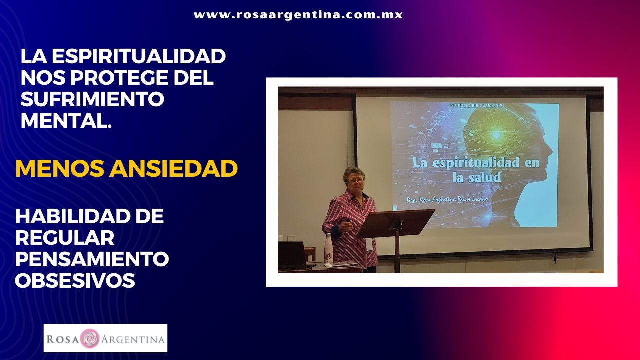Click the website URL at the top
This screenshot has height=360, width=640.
coord(298,15)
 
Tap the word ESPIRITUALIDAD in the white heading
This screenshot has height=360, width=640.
coord(139,56)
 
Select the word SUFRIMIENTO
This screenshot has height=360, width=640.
coord(92,99)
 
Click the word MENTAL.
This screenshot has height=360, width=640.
coord(66,120)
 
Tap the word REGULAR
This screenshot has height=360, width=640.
coord(65,237)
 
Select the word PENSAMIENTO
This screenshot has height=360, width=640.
coord(92,259)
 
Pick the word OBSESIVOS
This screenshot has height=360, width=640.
coord(75,280)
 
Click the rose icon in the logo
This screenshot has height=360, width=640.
coord(89,339)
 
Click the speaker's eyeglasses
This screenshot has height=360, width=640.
coord(355,181)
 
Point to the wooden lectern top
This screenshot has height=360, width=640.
coord(395,223)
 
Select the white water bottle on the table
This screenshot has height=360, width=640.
coord(328,248)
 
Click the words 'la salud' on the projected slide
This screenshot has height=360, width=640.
coord(477,177)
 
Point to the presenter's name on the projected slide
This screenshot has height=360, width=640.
coord(447,199)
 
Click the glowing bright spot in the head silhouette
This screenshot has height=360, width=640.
coord(496,135)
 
